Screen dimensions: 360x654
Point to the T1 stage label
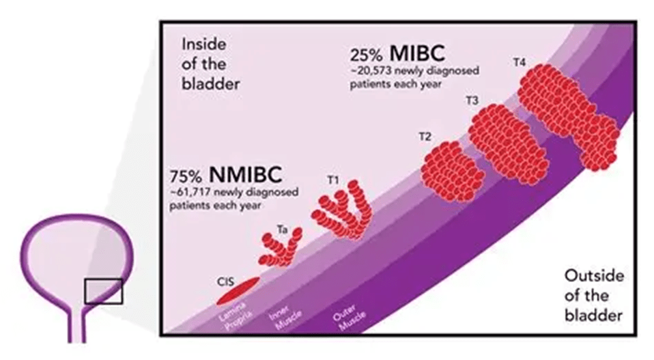click(x=333, y=180)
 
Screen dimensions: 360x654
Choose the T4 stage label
click(x=519, y=63)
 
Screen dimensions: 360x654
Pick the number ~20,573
click(x=371, y=72)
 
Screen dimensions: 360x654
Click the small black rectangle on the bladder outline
click(x=102, y=290)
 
